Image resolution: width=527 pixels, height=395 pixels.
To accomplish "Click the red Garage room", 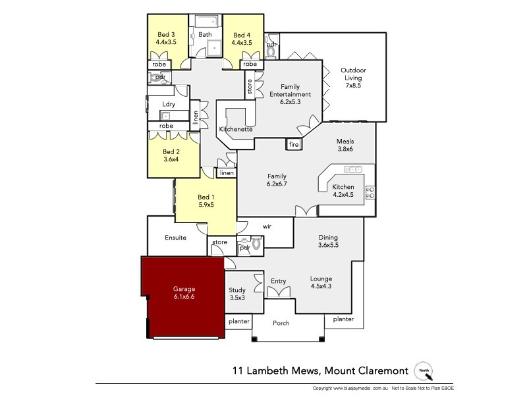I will click(184, 296).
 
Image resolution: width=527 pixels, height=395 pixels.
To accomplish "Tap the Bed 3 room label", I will click(166, 35).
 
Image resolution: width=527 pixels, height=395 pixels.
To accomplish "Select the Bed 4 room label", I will click(241, 35).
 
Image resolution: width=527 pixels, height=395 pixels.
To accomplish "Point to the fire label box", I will click(294, 144).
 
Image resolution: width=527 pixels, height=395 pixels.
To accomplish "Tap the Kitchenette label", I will click(236, 130).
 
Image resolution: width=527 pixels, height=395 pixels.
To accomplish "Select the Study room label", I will click(237, 290).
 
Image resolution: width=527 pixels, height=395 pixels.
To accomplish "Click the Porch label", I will click(281, 324).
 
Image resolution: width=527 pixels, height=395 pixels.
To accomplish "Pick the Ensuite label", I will click(175, 238).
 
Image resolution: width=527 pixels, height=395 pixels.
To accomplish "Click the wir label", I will click(267, 226).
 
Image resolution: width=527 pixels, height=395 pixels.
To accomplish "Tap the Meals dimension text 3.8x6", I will click(345, 149).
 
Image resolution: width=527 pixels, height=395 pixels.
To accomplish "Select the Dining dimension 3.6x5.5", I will click(328, 245).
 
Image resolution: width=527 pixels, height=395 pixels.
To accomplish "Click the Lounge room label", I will click(321, 278).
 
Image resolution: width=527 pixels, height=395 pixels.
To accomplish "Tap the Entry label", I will click(278, 282).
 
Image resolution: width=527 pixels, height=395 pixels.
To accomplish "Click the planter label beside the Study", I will click(238, 321).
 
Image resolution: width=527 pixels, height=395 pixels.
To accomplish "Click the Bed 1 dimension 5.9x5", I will click(206, 205).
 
